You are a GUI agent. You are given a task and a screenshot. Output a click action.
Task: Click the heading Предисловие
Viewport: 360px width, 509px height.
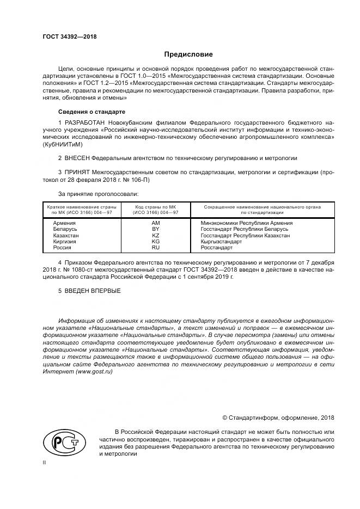189,54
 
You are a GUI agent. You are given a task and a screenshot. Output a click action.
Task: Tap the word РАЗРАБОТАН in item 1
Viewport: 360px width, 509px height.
86,124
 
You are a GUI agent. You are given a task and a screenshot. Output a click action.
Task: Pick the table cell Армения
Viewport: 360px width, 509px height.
64,223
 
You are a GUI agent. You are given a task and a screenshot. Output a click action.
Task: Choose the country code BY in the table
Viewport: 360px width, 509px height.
155,229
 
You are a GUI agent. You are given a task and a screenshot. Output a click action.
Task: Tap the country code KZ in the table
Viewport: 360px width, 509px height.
155,235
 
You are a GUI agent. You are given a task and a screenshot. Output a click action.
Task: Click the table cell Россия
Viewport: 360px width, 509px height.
62,247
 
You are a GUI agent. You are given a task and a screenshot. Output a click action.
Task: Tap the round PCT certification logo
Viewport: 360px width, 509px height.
61,444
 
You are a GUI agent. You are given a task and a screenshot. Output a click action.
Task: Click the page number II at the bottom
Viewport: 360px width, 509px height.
45,462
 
